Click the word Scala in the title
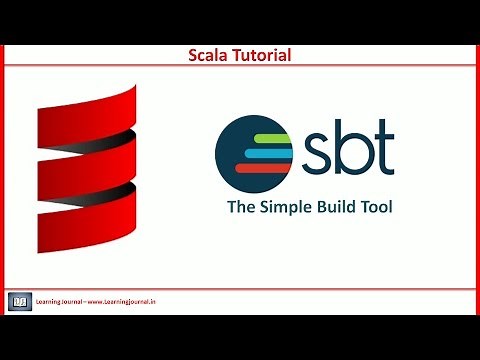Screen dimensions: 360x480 coord(212,56)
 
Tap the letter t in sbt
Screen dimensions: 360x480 coord(383,149)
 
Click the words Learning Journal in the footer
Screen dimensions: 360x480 coord(59,301)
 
